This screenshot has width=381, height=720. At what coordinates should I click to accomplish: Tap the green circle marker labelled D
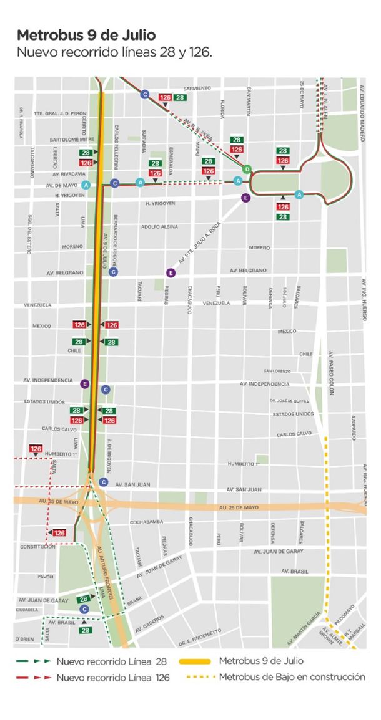click(x=247, y=169)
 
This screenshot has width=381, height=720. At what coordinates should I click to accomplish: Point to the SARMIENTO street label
click(x=197, y=89)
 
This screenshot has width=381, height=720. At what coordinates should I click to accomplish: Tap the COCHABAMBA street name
click(x=146, y=521)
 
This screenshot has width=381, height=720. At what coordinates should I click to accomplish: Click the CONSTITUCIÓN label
click(x=38, y=547)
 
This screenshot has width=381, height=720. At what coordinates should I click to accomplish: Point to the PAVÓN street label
click(x=45, y=577)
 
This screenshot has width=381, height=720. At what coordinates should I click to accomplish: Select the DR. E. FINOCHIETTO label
click(x=199, y=634)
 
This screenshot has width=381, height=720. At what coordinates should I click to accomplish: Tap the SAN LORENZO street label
click(x=277, y=371)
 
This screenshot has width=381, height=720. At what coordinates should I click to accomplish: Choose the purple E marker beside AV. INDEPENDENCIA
click(x=85, y=383)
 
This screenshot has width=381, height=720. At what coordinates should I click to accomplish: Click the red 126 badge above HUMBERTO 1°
click(x=36, y=449)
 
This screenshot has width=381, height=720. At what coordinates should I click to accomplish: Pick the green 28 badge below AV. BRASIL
click(x=85, y=630)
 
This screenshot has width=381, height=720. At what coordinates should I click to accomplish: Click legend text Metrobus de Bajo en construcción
click(x=292, y=677)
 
